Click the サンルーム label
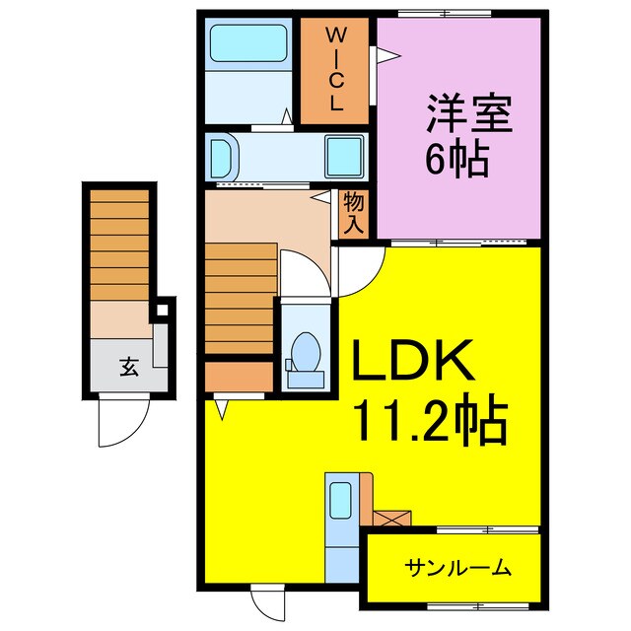click(457, 567)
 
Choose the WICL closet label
click(334, 69)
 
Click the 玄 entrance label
click(128, 368)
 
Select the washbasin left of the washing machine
click(223, 157)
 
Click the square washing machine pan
click(344, 156)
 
